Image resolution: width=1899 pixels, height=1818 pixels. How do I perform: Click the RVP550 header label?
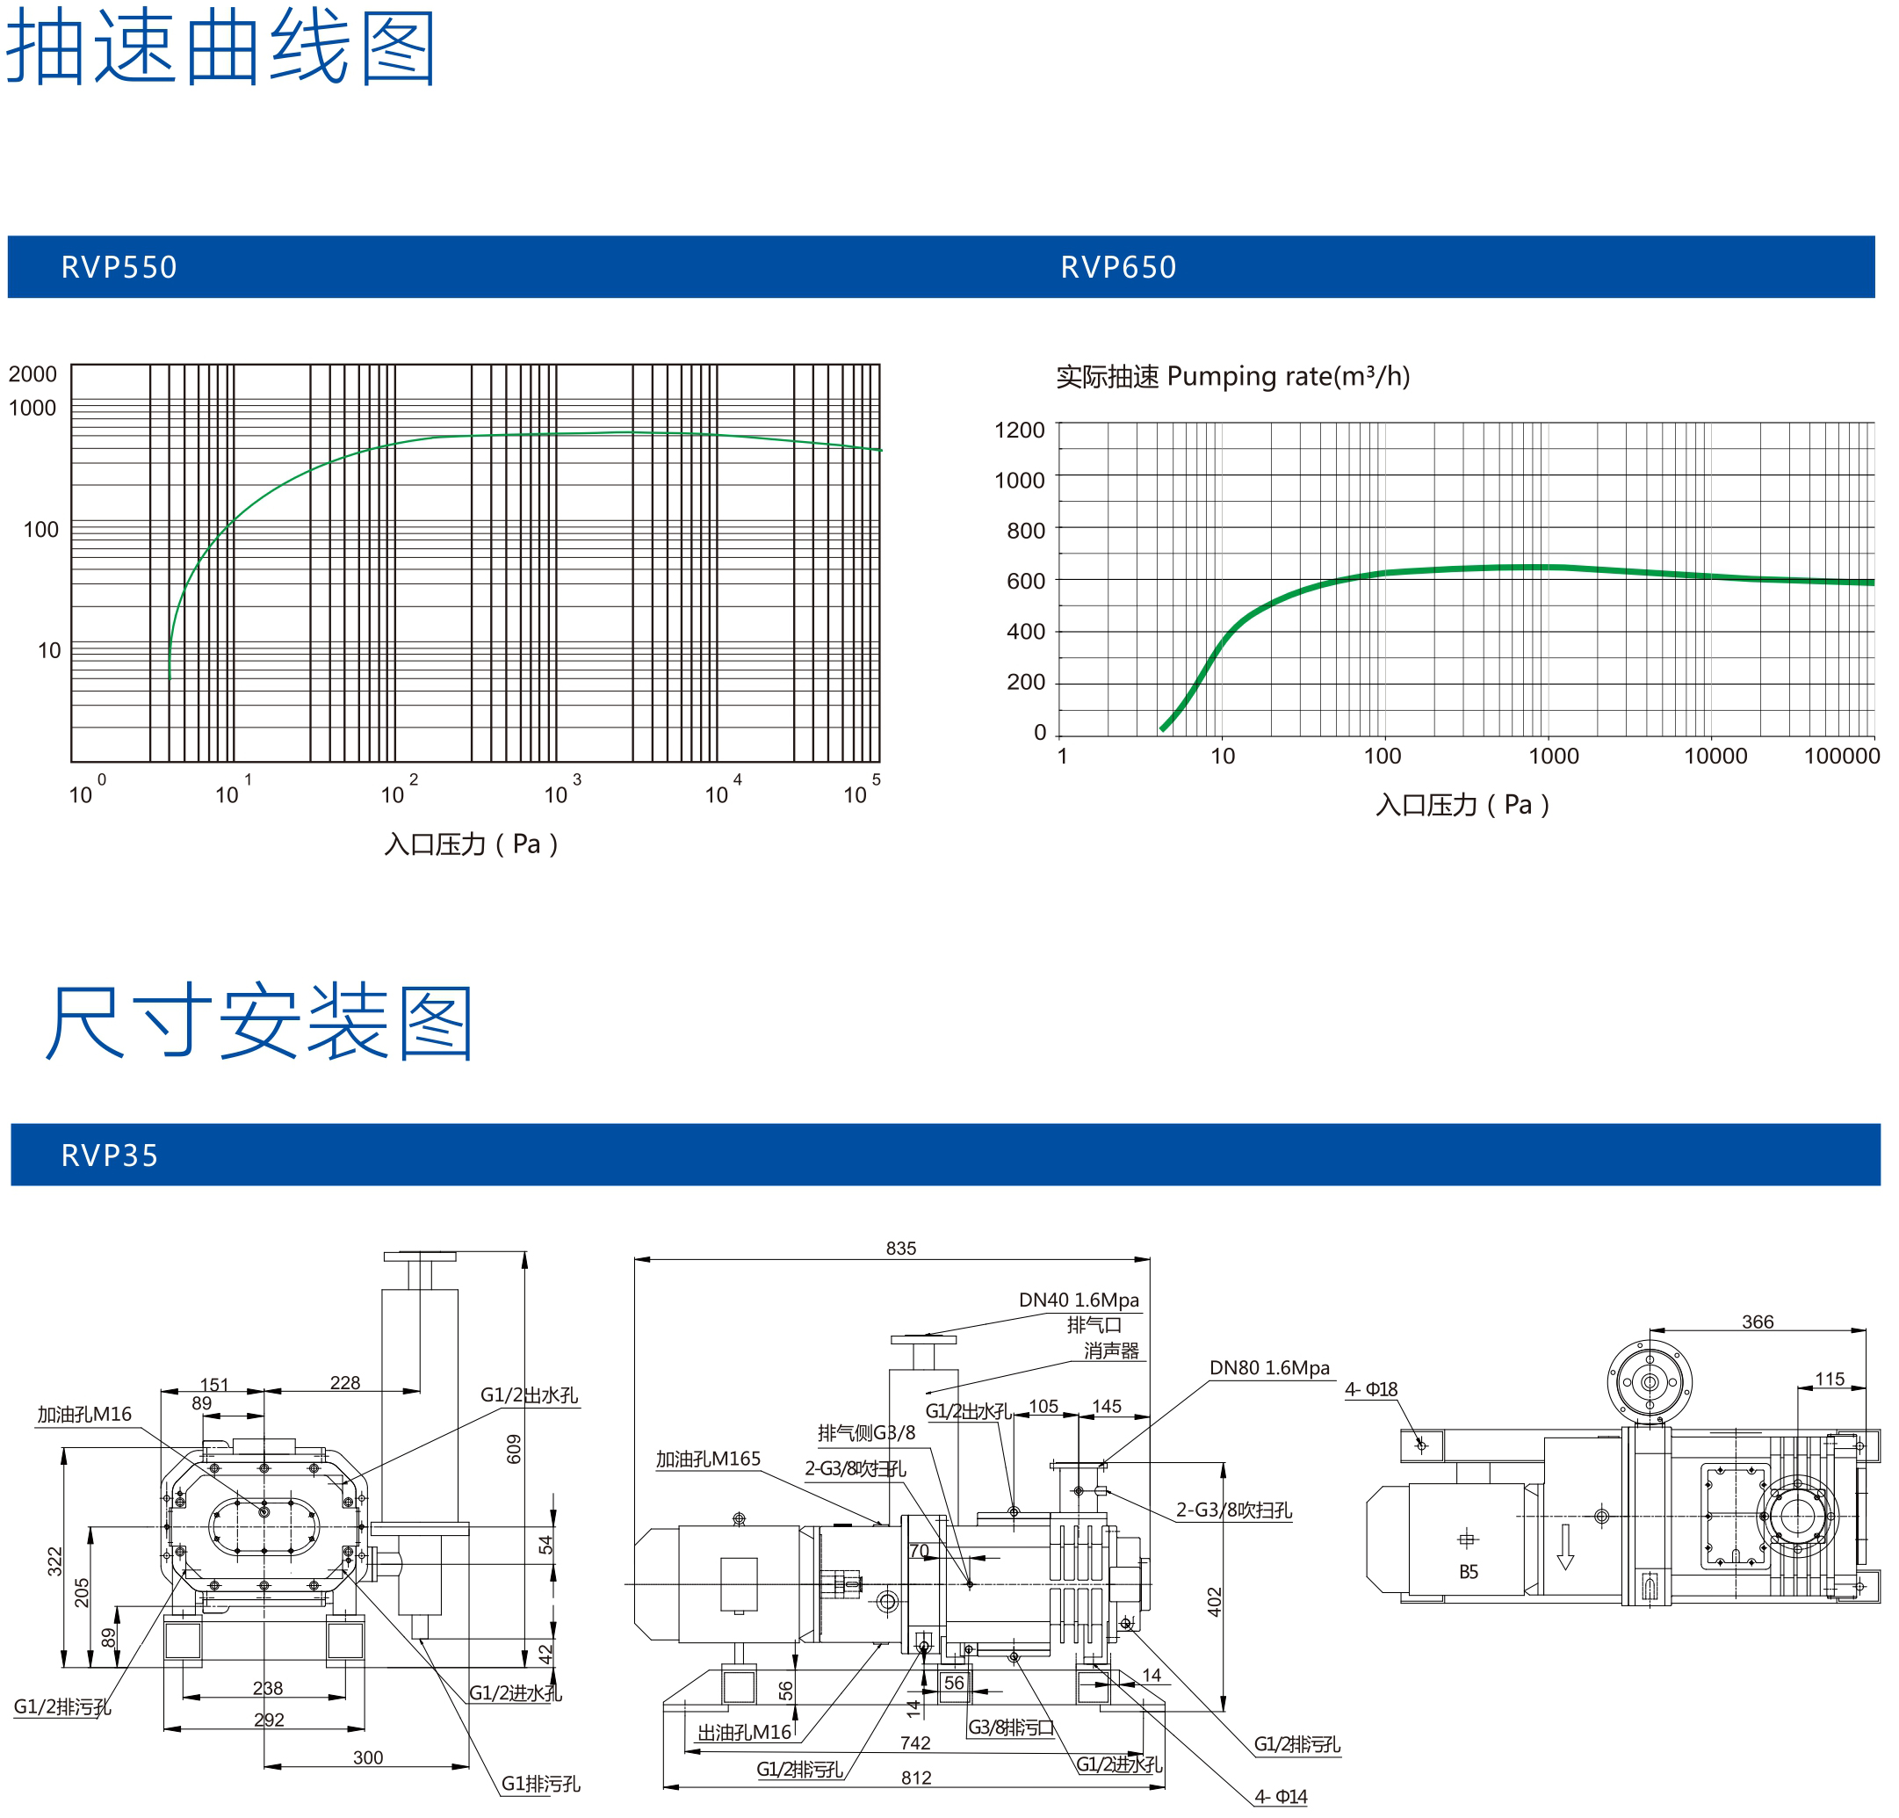click(119, 267)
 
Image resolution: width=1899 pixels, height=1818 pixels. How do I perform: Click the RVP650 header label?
click(1119, 267)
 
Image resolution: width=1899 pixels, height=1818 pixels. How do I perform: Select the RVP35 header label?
click(110, 1156)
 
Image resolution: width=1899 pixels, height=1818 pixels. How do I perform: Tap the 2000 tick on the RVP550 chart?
click(33, 374)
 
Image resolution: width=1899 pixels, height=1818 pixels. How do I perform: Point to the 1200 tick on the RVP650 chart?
click(1021, 431)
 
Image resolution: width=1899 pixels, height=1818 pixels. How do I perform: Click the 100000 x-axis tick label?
click(1842, 757)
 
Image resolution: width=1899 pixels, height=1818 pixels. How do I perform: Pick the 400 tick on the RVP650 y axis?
click(1027, 632)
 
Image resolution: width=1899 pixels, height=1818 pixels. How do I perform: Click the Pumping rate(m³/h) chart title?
click(1289, 376)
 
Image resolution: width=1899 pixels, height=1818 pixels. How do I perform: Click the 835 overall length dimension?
click(901, 1249)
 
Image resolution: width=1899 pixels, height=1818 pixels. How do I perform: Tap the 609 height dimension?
click(514, 1449)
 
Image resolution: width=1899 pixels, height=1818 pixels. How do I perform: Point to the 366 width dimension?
click(1758, 1322)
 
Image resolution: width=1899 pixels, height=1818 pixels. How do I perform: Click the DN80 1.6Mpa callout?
click(1269, 1367)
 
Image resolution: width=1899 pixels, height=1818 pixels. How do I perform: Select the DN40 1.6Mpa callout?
click(1079, 1300)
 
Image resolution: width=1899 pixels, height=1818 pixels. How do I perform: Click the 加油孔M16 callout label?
click(84, 1414)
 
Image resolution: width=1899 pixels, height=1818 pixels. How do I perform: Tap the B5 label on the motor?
click(1469, 1572)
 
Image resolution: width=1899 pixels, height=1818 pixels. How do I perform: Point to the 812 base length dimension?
click(916, 1778)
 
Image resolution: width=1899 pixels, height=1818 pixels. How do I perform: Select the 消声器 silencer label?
click(1111, 1350)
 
